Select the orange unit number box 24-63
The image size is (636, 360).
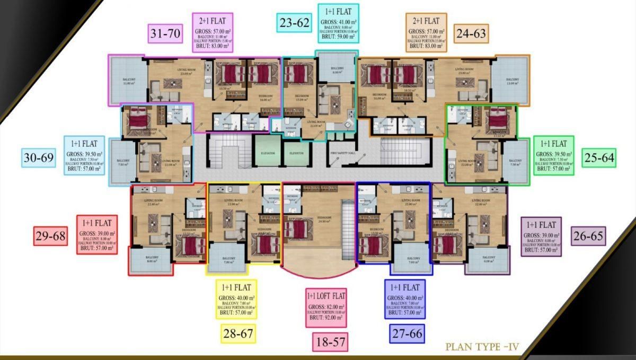471,33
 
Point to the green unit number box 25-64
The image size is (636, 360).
599,157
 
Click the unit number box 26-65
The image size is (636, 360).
588,235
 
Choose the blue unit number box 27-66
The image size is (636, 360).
407,333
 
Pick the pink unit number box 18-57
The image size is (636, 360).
330,342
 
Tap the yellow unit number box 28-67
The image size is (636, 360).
238,334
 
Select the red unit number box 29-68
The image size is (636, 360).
51,236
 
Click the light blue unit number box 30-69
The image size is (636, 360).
39,157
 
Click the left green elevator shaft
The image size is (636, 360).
267,153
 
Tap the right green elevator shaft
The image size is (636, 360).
296,153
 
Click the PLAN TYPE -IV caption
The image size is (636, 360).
482,347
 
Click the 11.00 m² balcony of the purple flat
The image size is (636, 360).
127,80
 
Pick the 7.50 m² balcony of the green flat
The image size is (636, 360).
515,161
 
